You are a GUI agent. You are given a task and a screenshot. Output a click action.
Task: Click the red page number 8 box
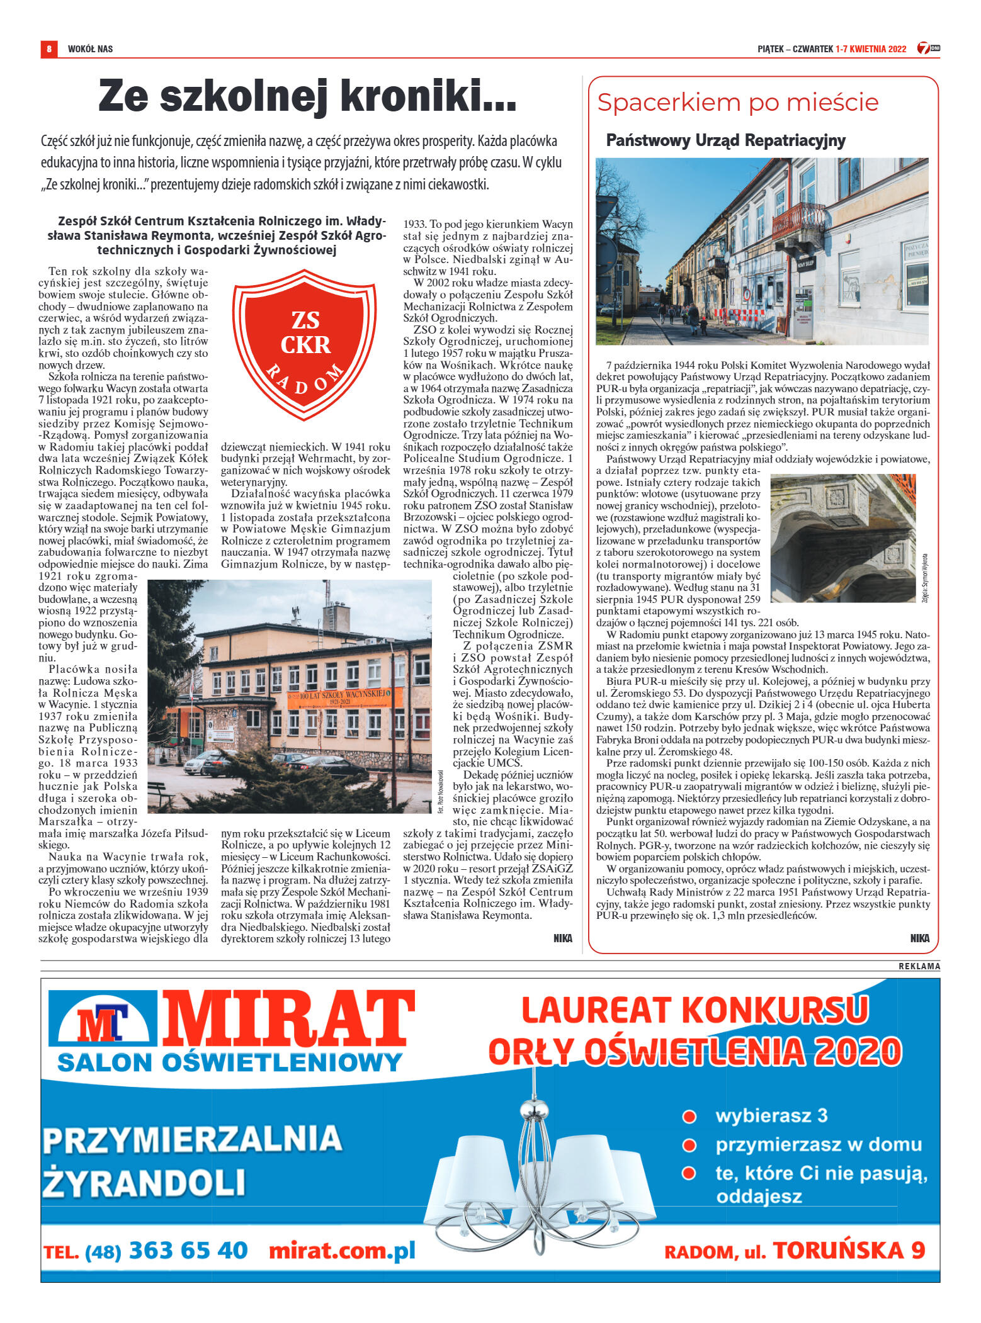[48, 48]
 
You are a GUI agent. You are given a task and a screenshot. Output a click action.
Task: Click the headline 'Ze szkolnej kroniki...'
[307, 96]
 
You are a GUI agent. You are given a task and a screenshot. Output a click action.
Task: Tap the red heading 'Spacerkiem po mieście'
[737, 103]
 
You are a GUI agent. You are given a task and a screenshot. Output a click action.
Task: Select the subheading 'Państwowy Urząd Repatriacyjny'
[725, 140]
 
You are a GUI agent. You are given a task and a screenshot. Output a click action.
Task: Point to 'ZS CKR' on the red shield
[305, 333]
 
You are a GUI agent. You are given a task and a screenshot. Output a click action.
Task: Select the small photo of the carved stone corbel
[842, 538]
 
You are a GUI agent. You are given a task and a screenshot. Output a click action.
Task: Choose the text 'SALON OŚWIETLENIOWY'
[230, 1063]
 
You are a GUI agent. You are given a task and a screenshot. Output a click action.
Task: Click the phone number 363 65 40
[188, 1251]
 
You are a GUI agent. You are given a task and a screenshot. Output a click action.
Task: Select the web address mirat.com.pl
[342, 1251]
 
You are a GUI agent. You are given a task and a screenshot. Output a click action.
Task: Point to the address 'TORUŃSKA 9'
[849, 1251]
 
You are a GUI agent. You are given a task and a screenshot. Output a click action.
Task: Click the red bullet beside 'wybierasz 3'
[689, 1117]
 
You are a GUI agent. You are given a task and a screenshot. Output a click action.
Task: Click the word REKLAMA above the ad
[919, 966]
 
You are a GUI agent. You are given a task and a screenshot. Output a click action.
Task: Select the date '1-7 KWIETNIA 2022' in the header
[871, 49]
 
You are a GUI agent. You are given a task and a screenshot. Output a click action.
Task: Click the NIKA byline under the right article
[919, 938]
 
